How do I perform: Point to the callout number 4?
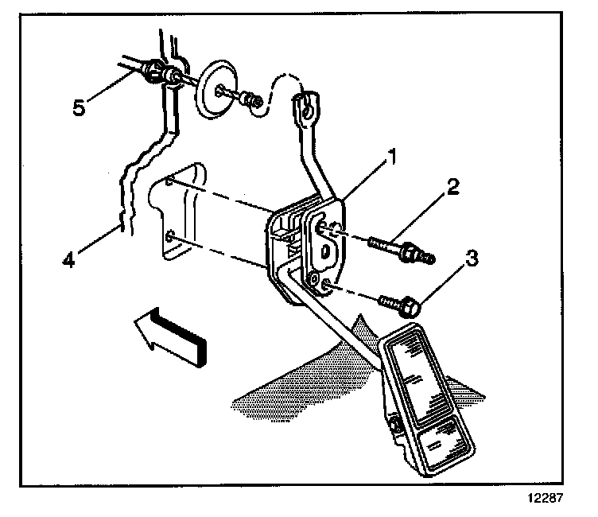71,259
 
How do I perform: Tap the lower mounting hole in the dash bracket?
171,236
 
